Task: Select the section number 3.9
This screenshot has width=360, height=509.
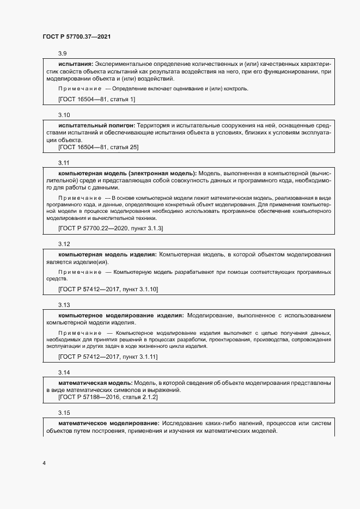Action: click(62, 53)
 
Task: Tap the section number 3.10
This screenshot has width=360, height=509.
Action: click(64, 115)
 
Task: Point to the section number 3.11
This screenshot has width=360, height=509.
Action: click(64, 162)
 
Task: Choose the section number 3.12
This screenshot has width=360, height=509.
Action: click(64, 243)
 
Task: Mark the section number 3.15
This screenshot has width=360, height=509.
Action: click(64, 412)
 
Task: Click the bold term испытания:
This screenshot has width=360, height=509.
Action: click(76, 64)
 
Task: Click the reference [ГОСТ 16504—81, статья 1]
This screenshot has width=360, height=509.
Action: click(96, 99)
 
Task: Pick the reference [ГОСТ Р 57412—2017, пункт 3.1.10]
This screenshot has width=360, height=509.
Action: click(108, 289)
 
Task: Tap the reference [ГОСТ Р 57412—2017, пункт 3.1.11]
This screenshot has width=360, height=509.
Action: click(108, 357)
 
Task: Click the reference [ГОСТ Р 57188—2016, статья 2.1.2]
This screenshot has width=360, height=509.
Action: click(108, 397)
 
